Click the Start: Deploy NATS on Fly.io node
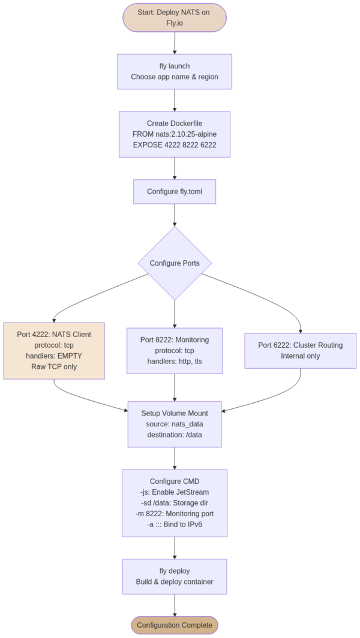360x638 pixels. pos(175,17)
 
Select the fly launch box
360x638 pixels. pos(175,71)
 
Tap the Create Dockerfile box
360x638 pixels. pos(175,134)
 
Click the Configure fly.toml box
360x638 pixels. pos(175,192)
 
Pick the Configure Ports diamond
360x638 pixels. pos(175,263)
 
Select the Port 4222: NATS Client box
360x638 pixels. pos(54,351)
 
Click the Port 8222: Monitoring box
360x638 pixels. pos(175,351)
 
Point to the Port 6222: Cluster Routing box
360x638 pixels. pos(301,351)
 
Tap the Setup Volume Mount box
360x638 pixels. pos(175,424)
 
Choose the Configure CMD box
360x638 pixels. pos(175,503)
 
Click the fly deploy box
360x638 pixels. pos(175,576)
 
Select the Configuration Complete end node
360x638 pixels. pos(175,625)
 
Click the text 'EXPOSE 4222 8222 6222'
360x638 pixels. pos(175,145)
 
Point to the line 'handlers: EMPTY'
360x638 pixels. pos(54,356)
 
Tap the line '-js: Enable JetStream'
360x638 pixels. pos(175,492)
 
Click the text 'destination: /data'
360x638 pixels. pos(175,435)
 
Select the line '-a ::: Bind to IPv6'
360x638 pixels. pos(175,525)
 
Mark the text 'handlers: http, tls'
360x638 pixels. pos(175,362)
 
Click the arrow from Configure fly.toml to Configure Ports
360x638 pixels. pos(175,215)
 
